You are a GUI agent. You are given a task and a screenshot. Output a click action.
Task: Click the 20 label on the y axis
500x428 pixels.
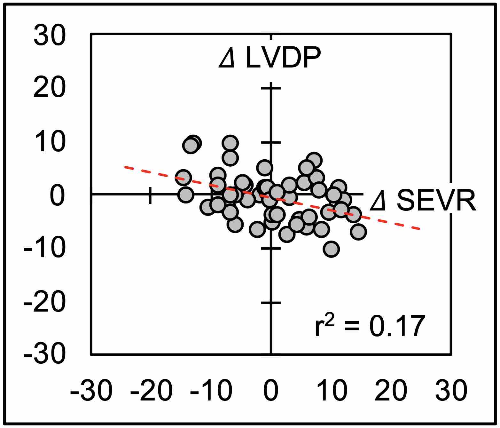(50, 88)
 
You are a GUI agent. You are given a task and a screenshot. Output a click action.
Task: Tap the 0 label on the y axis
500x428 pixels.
(58, 196)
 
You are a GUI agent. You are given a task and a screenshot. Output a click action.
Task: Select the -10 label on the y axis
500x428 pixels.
(45, 249)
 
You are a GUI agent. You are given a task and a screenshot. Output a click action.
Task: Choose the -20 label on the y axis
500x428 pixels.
(45, 302)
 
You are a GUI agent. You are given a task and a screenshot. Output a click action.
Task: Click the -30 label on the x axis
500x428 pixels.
(91, 391)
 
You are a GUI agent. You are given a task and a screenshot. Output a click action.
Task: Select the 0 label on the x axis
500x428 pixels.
(271, 391)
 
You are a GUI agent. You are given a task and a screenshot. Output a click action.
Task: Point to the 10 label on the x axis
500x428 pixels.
(331, 391)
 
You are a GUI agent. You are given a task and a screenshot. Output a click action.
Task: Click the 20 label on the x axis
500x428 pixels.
(391, 391)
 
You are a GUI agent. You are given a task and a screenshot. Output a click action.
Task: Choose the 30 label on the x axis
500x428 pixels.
(451, 391)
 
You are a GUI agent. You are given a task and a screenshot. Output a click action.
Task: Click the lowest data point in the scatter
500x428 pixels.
(331, 249)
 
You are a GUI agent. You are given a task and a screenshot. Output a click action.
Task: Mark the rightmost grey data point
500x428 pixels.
(358, 232)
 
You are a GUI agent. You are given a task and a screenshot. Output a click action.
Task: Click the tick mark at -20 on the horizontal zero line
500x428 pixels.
(150, 195)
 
